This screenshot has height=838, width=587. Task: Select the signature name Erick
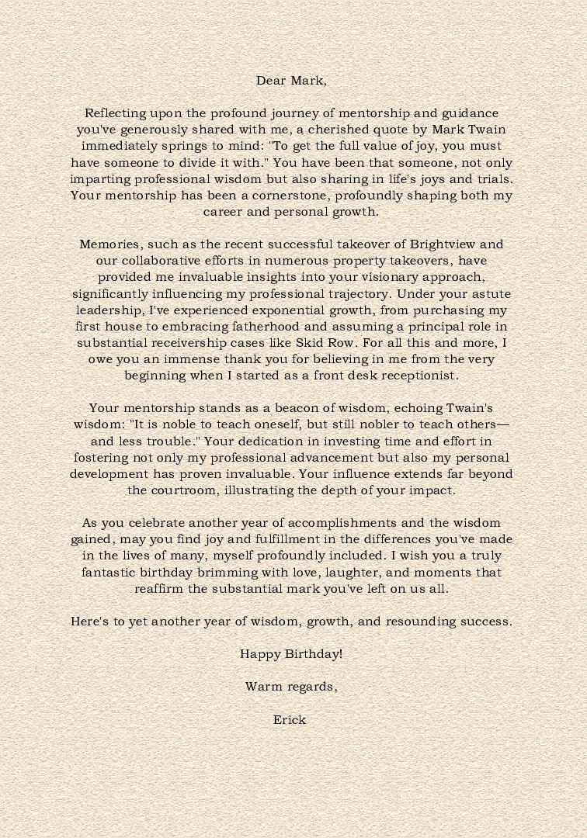[x=290, y=720]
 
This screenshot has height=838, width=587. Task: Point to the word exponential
[x=284, y=310]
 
